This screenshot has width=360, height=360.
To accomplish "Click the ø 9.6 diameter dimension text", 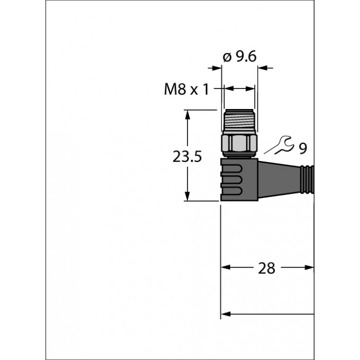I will (x=240, y=56).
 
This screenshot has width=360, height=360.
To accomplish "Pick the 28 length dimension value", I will (x=267, y=268).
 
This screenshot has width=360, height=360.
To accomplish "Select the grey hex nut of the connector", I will (x=240, y=142).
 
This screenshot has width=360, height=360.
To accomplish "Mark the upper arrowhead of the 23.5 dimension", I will (x=187, y=114).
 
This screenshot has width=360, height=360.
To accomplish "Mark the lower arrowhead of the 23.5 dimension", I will (x=187, y=196).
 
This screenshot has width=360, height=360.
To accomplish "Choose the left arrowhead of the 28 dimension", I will (x=225, y=268).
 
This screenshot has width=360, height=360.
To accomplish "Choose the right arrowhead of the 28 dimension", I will (x=310, y=268).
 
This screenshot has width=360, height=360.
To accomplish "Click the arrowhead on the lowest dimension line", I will (x=226, y=314).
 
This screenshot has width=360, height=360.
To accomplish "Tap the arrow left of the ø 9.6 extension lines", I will (x=215, y=68).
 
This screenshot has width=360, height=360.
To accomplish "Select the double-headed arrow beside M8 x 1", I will (x=239, y=89).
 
